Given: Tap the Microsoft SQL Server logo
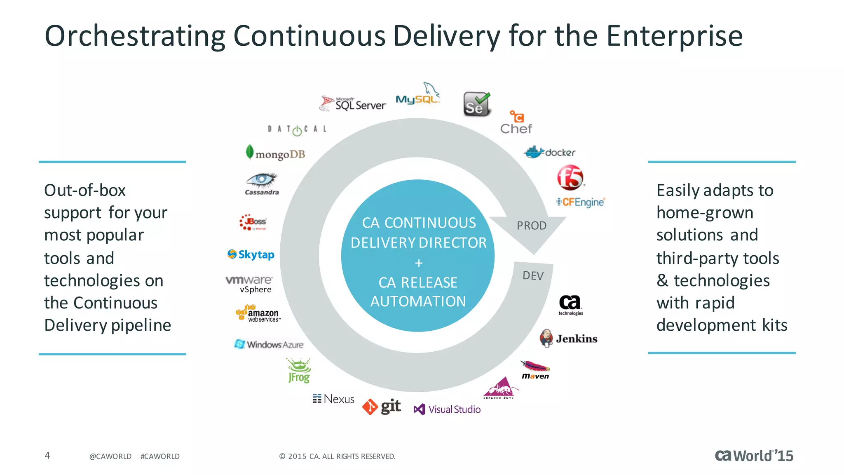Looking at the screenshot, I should (x=353, y=103).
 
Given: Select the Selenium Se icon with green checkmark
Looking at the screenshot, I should (x=476, y=104).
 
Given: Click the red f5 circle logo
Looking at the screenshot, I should (x=570, y=177).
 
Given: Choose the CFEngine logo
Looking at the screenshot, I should (x=580, y=202).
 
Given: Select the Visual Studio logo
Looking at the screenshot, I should (x=447, y=409).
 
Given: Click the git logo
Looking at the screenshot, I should (x=382, y=407).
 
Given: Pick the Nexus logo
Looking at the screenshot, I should (x=333, y=399).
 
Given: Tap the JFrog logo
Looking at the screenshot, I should (x=299, y=370).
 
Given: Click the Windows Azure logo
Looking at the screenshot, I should (x=269, y=344).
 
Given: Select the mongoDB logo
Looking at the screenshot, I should (x=275, y=153).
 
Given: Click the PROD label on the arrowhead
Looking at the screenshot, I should (x=531, y=226).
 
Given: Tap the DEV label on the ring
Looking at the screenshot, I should (x=533, y=275).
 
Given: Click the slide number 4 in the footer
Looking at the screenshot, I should (x=47, y=455).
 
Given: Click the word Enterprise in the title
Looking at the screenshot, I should (x=674, y=36).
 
